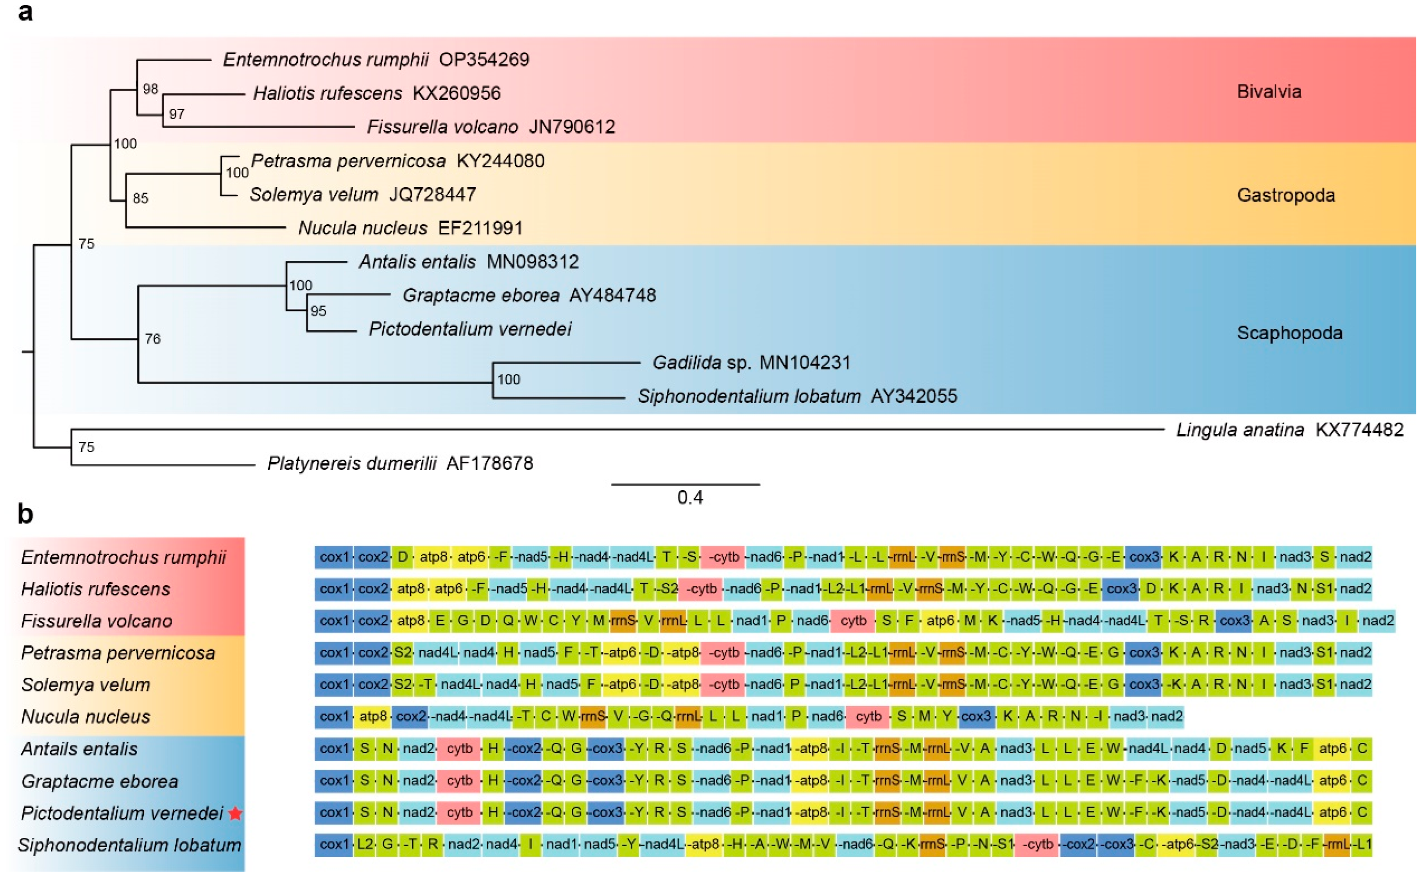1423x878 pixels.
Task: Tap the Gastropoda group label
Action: (x=1285, y=195)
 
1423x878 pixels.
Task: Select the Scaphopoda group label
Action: (x=1289, y=333)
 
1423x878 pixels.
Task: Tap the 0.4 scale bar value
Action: (x=690, y=498)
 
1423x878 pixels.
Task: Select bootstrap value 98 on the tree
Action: (x=150, y=89)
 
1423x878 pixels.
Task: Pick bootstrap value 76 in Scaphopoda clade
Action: (x=153, y=339)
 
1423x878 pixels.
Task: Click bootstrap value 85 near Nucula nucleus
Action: (x=140, y=199)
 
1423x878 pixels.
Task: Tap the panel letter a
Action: (x=25, y=12)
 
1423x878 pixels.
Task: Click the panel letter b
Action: (x=25, y=514)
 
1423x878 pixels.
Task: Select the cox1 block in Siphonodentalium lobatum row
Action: (x=334, y=844)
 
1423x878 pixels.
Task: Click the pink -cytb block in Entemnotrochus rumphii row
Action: (x=722, y=557)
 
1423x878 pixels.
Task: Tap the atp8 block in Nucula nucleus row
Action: (x=373, y=717)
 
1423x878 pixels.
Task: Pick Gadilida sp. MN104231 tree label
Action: (x=751, y=363)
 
